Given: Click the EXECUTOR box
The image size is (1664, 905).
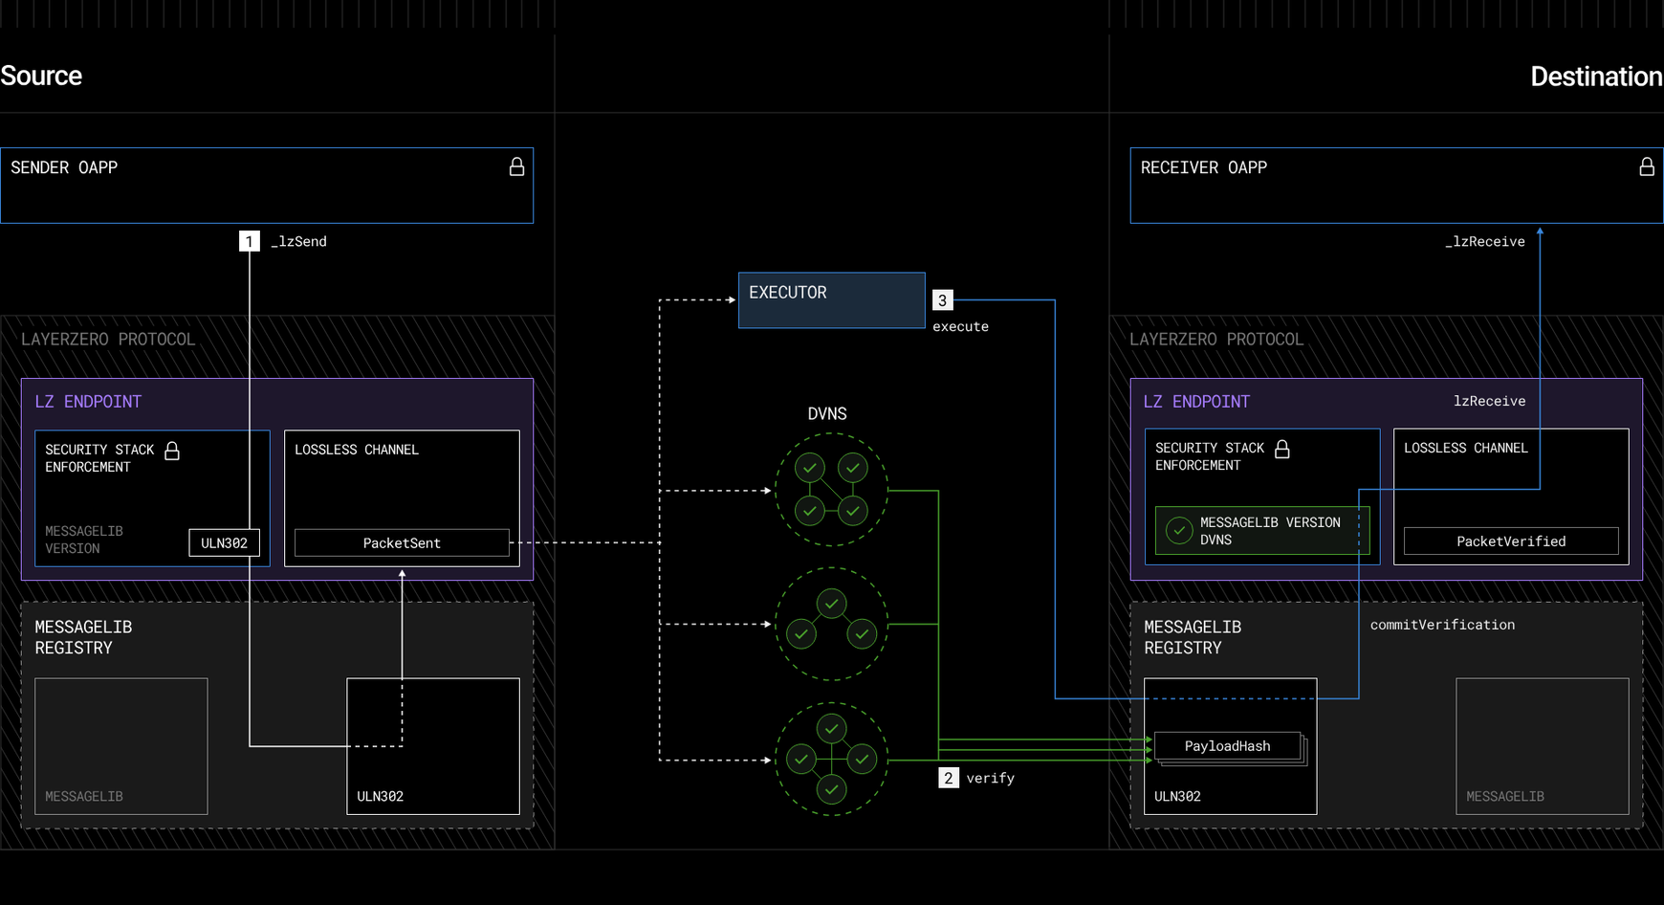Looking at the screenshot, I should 831,299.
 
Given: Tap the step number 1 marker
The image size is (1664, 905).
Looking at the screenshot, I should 249,241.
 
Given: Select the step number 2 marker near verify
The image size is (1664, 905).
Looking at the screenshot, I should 948,778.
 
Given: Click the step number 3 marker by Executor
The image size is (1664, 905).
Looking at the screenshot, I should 942,300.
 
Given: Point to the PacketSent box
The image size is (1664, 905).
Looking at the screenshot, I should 402,542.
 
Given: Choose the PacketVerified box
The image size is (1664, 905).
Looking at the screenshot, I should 1511,541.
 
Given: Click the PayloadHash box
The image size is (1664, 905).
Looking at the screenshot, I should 1228,746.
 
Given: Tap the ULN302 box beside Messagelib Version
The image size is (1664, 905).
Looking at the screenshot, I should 224,542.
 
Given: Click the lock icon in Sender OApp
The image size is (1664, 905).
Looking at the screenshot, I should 516,166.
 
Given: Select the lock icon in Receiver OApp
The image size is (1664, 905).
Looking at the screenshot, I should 1647,166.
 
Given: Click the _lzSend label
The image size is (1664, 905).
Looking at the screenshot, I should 299,242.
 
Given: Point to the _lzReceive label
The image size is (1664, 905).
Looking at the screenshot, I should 1484,242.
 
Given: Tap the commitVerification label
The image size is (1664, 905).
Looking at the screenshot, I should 1442,625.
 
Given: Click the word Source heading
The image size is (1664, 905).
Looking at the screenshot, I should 41,76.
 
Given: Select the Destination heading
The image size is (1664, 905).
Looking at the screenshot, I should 1596,77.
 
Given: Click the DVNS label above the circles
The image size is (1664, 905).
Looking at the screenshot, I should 827,413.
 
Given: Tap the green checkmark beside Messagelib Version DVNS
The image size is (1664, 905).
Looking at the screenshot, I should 1179,530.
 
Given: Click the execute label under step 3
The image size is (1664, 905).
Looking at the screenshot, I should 960,326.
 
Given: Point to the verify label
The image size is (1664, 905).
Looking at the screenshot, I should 990,778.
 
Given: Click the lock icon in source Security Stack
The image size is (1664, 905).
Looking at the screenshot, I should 172,451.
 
